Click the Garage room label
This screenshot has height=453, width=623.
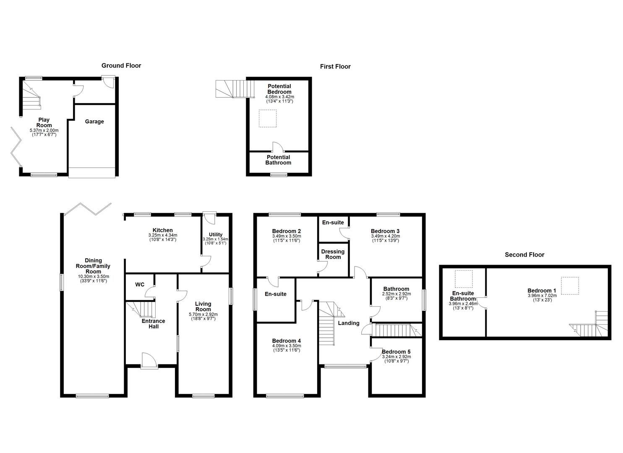pos(94,122)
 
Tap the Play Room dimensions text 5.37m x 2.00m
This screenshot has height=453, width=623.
pos(44,130)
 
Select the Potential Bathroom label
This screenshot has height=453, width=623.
pos(278,160)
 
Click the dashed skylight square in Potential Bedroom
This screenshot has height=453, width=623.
pos(267,118)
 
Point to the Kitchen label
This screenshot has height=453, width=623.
pos(162,230)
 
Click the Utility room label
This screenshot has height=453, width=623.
pos(216,234)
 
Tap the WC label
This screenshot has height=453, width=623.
pos(140,285)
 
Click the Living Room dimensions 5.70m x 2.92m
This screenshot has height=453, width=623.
pos(203,314)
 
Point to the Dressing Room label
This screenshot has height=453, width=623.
pos(333,254)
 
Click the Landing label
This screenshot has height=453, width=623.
pos(349,323)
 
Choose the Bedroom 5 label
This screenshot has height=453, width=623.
pos(396,351)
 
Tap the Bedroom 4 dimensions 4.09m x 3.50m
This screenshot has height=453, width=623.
pos(286,346)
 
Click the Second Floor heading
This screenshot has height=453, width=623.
pos(524,255)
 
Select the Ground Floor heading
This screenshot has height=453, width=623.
pos(121,65)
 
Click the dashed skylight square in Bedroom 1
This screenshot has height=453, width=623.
pos(570,283)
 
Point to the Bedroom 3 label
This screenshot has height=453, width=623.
pos(385,231)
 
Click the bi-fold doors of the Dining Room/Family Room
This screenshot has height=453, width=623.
pos(89,208)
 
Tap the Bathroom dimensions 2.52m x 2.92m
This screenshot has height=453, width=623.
pos(396,294)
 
